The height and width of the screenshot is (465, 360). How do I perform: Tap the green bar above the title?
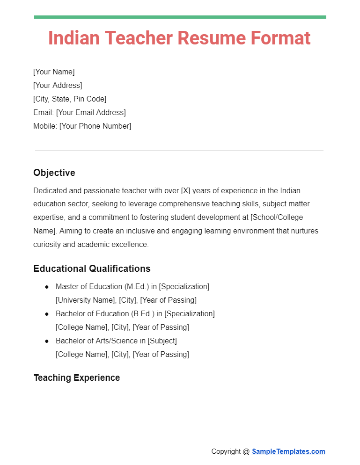180,17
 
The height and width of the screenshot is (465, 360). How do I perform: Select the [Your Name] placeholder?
54,72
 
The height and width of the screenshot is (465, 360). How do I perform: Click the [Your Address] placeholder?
58,85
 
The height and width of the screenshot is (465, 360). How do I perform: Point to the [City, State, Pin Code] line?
70,99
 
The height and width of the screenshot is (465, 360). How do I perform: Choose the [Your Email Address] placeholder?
91,112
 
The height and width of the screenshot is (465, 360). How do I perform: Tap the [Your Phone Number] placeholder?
95,126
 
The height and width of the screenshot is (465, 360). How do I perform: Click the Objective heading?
54,173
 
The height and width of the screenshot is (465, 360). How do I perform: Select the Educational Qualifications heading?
92,269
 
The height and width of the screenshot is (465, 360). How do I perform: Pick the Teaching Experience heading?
77,378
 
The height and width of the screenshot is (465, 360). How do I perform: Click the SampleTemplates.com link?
288,451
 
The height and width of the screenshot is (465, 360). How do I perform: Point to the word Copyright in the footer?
227,451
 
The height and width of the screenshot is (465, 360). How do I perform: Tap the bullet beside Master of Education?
47,287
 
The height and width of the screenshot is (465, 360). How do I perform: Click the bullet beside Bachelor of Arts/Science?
47,341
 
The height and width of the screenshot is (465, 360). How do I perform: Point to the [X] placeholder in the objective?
185,190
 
